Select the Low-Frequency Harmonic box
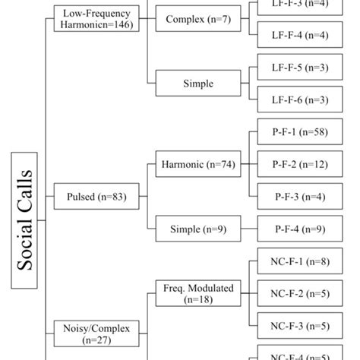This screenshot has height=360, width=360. tap(95, 18)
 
